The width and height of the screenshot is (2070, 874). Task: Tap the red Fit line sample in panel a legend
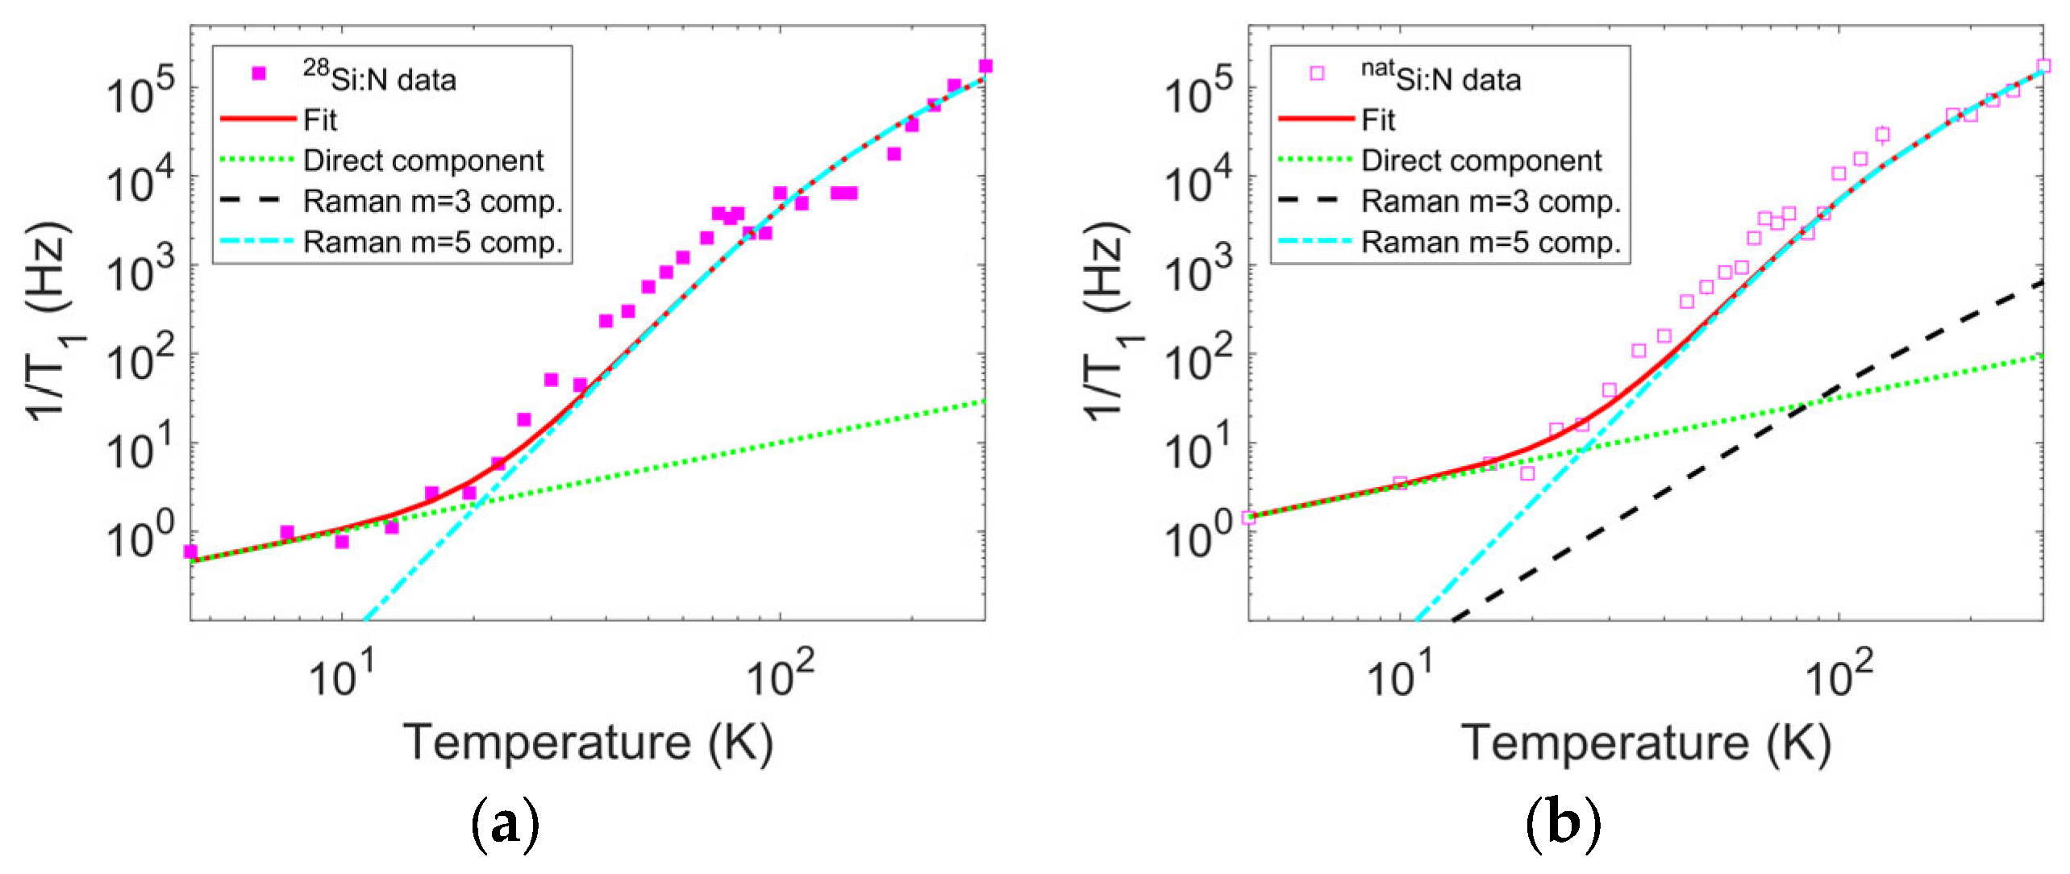pos(258,119)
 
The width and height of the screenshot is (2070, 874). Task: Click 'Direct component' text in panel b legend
pos(1481,160)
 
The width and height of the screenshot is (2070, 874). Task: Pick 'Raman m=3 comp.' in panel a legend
pos(432,202)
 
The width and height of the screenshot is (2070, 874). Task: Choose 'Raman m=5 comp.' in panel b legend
pos(1491,242)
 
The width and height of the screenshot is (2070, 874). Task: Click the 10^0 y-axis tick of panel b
pos(1198,536)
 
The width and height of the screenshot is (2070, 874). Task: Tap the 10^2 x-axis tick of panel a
pos(780,675)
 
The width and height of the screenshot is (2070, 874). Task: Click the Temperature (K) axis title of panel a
pos(588,742)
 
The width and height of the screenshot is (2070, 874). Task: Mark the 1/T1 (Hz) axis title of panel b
pos(1108,322)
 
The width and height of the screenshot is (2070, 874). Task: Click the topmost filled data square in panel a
pos(985,66)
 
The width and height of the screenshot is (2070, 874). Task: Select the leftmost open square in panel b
pos(1249,518)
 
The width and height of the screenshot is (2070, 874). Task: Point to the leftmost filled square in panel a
pos(190,551)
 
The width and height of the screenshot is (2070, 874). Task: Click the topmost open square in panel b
pos(2043,66)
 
